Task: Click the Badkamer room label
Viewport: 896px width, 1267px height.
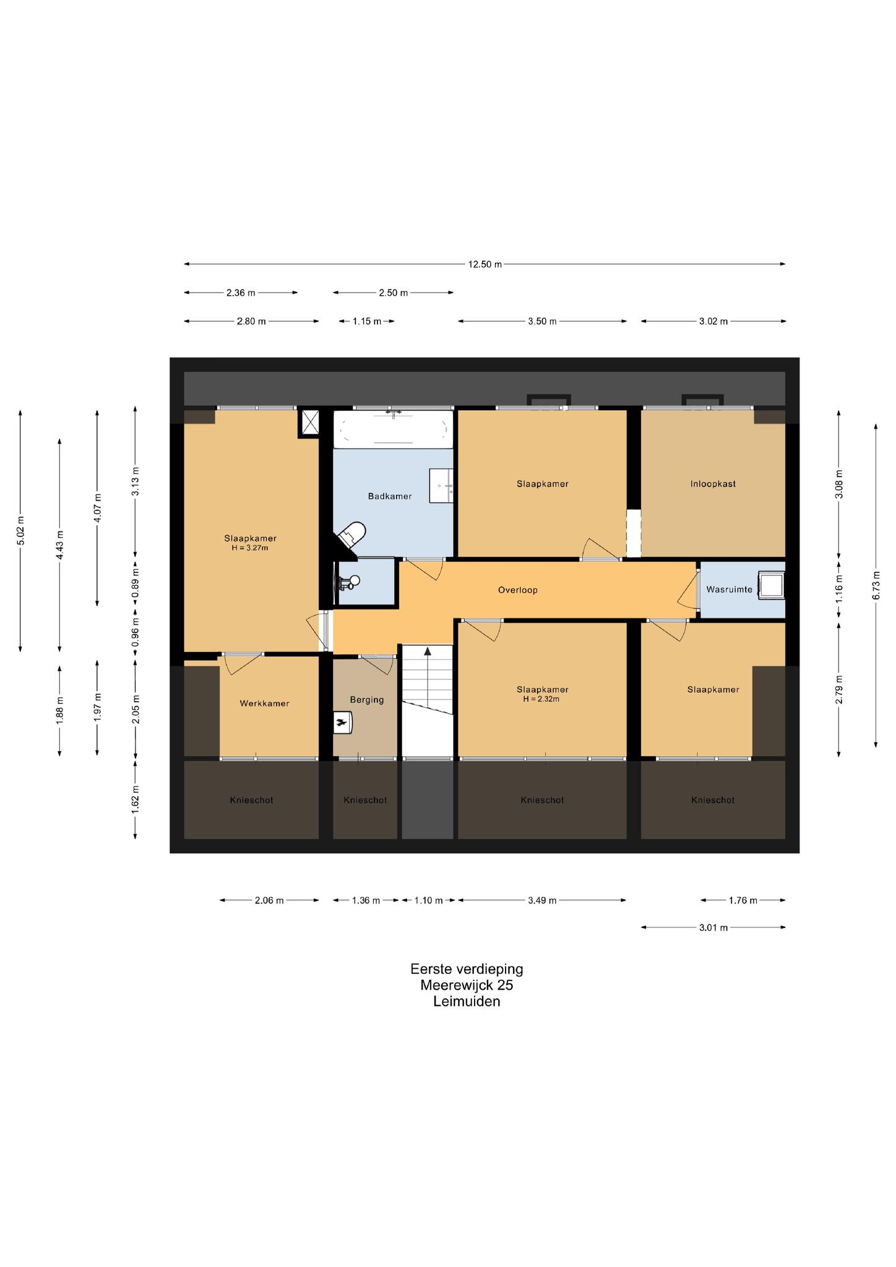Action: tap(389, 496)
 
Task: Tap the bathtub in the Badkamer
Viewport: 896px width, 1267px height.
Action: tap(393, 429)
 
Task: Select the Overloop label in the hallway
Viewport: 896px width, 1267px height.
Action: tap(518, 590)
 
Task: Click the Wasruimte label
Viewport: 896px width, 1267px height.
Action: tap(730, 590)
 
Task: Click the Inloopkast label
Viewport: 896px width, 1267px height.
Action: tap(713, 484)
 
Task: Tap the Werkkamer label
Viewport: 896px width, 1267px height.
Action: tap(264, 703)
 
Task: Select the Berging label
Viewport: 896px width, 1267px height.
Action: tap(367, 700)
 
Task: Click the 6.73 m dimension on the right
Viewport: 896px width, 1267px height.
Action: tap(876, 586)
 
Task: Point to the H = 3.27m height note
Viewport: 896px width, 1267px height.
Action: tap(250, 548)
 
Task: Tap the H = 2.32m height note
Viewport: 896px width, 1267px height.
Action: tap(542, 699)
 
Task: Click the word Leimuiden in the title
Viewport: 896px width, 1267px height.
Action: tap(467, 1002)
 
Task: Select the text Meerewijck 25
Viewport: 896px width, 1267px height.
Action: tap(467, 985)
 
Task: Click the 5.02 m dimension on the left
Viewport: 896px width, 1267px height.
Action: tap(20, 530)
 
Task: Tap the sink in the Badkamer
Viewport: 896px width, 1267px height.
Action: tap(441, 486)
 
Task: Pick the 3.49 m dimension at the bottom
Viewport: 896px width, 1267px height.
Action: tap(542, 900)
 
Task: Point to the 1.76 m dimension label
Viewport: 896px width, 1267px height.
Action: tap(743, 900)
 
